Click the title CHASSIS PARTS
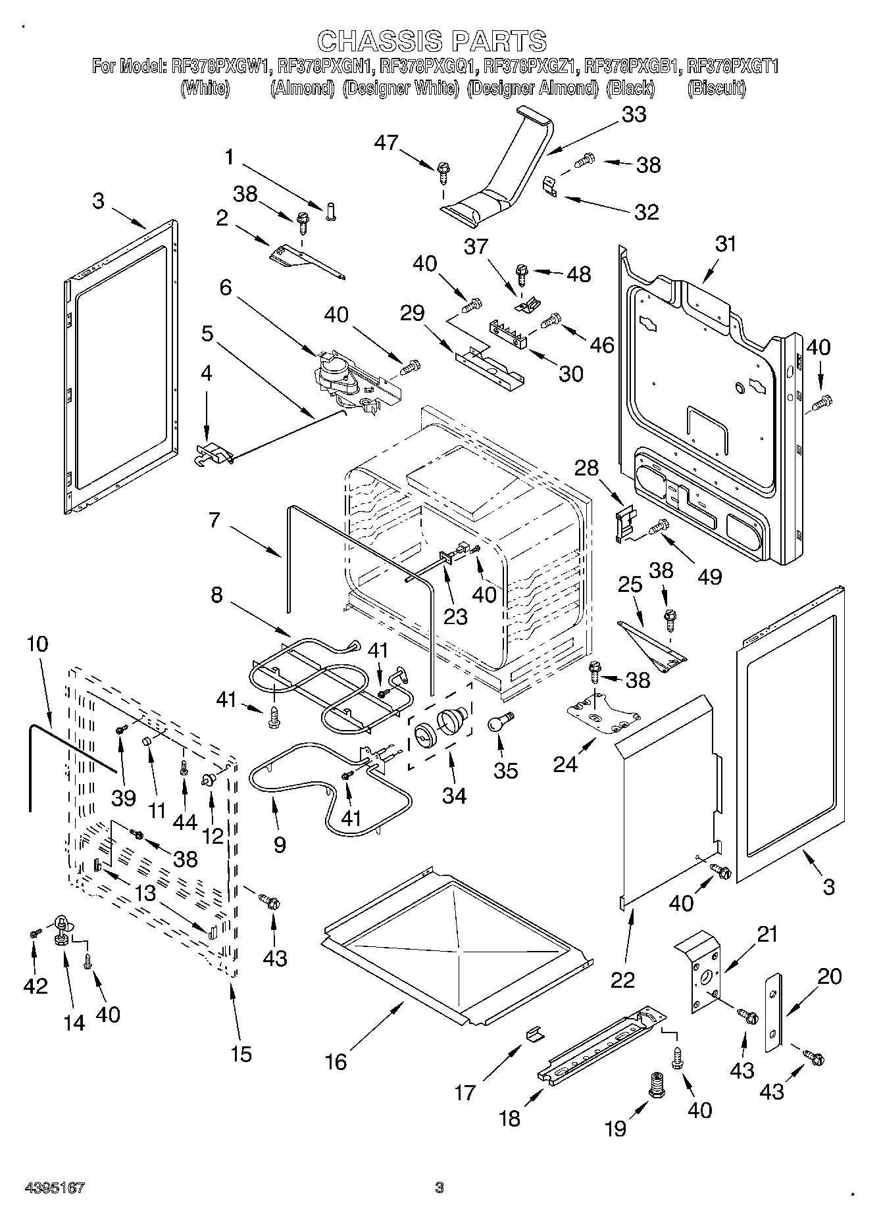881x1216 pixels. pos(432,41)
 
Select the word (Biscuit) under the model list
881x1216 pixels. pos(717,88)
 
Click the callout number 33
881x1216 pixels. pos(633,114)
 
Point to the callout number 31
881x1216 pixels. pos(726,245)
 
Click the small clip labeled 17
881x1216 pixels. pos(535,1034)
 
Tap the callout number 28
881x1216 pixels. pos(587,468)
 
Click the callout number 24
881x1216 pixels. pos(566,764)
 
